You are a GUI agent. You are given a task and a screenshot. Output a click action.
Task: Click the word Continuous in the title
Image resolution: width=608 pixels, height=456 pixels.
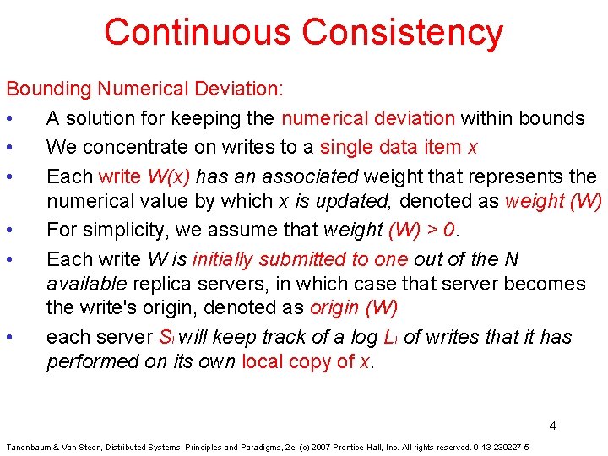[198, 32]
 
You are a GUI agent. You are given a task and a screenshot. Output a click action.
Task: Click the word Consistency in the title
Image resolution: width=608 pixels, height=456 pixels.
[402, 32]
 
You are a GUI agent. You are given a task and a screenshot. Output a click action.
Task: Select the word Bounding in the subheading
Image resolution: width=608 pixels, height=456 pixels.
[48, 88]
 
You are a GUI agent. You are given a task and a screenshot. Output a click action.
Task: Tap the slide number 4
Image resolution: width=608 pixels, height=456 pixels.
[552, 426]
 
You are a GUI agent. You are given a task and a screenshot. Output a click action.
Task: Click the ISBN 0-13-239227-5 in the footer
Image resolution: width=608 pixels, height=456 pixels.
[500, 447]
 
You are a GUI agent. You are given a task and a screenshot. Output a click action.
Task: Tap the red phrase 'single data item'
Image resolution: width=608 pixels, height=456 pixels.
[391, 147]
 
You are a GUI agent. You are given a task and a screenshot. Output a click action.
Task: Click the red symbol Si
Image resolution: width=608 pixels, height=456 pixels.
[166, 337]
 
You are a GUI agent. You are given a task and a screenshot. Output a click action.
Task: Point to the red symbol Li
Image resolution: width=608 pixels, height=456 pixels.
[390, 337]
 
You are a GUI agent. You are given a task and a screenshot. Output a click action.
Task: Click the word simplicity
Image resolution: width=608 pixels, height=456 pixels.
[117, 230]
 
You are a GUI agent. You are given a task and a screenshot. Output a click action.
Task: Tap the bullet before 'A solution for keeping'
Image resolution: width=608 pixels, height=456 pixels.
[8, 118]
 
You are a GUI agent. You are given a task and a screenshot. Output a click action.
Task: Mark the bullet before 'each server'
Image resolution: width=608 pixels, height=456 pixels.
[8, 338]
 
